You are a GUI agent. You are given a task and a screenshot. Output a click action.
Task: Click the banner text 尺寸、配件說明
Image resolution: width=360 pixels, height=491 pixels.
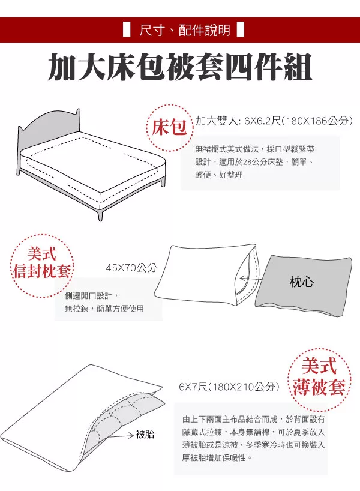(x=185, y=31)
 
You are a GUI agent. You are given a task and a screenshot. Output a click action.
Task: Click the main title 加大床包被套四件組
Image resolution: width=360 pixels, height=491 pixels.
(x=180, y=67)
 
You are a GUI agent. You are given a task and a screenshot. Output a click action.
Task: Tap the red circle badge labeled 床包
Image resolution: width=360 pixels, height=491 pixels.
(x=169, y=127)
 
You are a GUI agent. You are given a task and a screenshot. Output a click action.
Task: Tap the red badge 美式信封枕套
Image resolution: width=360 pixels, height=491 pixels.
(x=41, y=265)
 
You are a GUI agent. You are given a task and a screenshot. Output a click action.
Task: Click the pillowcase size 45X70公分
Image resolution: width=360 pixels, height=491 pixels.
(x=131, y=268)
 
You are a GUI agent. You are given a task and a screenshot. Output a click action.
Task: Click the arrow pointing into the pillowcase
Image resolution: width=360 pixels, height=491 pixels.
(x=250, y=278)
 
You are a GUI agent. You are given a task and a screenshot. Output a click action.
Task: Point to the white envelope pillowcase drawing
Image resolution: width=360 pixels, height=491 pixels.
(x=205, y=276)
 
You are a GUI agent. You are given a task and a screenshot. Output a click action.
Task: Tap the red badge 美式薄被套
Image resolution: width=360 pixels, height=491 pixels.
(x=319, y=379)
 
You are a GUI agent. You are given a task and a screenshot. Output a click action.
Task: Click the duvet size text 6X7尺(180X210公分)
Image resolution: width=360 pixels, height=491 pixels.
(x=229, y=387)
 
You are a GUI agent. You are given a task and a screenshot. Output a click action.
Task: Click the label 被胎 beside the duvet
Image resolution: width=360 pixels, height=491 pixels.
(x=145, y=435)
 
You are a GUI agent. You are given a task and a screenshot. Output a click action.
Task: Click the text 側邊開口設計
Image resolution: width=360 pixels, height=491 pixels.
(x=88, y=295)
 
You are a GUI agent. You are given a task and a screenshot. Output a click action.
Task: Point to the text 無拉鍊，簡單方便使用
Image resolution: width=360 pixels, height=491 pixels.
(x=104, y=309)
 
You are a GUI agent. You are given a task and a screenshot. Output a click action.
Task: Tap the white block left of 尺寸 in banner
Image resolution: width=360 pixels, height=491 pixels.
(x=127, y=30)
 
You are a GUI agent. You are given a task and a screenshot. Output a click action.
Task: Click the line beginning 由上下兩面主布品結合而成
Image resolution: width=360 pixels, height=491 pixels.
(x=254, y=419)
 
